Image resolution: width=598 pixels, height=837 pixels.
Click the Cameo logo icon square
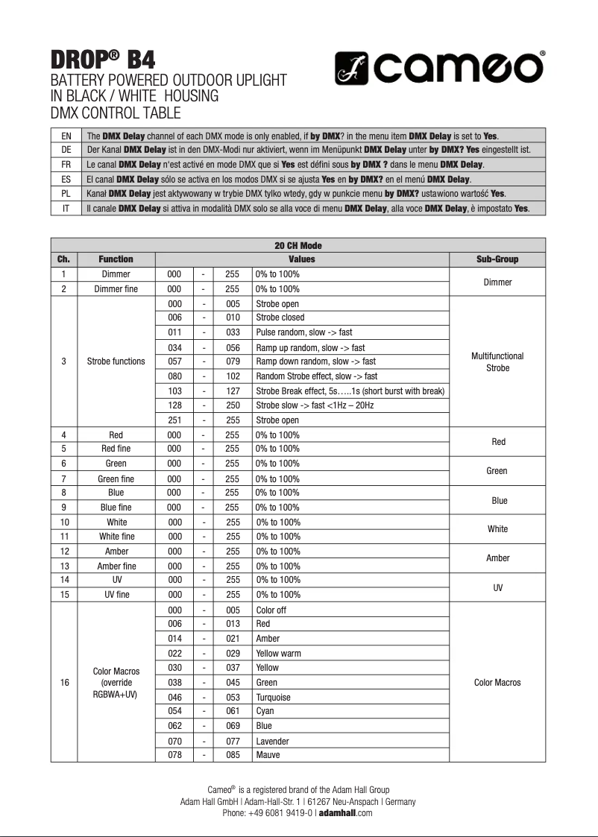coord(353,68)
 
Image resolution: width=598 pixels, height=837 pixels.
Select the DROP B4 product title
coord(104,59)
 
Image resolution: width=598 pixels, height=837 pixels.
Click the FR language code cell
coord(66,164)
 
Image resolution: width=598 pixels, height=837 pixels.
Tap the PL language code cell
coord(66,194)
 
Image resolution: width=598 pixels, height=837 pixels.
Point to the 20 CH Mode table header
coord(298,245)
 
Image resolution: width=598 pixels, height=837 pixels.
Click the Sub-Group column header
coord(497,259)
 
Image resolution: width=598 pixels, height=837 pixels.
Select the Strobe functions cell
coord(116,361)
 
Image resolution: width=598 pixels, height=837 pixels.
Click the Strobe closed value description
coord(280,318)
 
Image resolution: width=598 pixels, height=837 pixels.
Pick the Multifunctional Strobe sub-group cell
coord(497,362)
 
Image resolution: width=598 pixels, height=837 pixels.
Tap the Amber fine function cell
coord(116,566)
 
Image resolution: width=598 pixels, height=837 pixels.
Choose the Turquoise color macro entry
coord(274,697)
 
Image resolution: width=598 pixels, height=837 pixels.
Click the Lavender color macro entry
coord(272,741)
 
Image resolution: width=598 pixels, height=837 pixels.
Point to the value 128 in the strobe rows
coord(174,405)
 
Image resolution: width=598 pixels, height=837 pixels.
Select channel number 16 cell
coord(63,683)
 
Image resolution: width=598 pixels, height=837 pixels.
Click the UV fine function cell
coord(116,595)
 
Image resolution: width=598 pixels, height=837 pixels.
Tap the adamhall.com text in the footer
coord(345,813)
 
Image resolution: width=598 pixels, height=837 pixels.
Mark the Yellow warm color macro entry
coord(279,654)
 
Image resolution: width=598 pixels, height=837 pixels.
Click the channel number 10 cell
coord(63,522)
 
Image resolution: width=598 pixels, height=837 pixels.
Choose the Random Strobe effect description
coord(317,376)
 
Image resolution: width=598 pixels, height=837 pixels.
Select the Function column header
coord(116,259)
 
